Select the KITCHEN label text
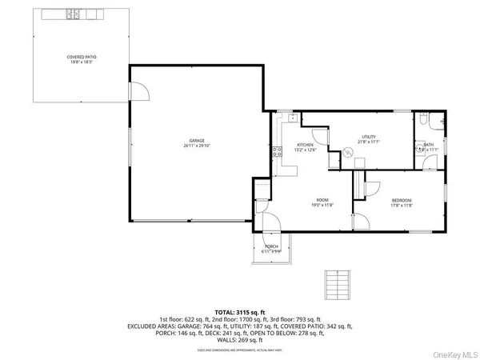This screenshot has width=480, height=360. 283,144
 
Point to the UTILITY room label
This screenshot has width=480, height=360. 368,137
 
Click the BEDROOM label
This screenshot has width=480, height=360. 402,199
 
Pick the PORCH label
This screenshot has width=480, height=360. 271,246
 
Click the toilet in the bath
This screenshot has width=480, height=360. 433,121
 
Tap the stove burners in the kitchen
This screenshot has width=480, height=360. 277,154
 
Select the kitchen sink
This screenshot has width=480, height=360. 294,118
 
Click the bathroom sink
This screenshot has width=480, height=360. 418,149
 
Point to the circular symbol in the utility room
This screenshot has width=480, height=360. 347,153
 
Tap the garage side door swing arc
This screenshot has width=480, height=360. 141,94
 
